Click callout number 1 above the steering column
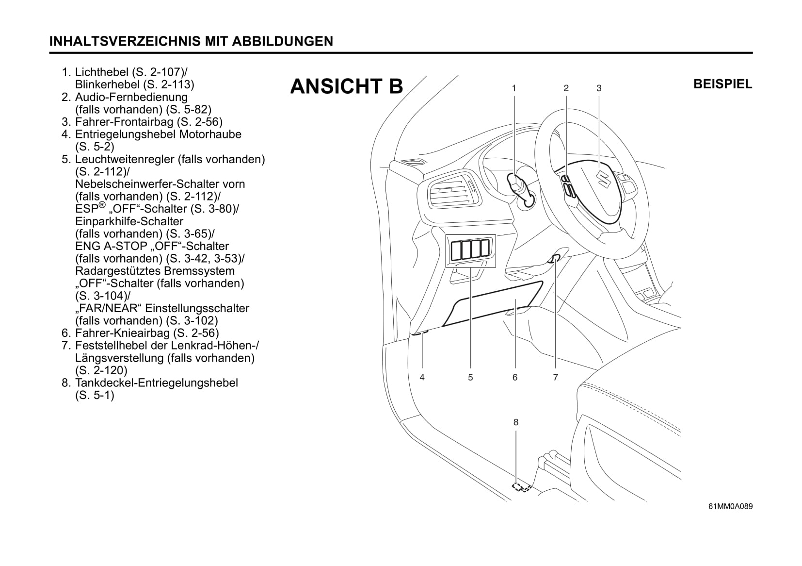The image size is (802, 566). (x=514, y=88)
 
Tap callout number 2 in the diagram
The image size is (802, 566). (x=566, y=88)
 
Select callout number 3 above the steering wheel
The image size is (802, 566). (x=599, y=88)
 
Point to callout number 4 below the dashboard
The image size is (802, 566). (x=422, y=377)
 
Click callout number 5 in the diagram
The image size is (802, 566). (x=470, y=377)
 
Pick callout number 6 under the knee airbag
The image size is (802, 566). (x=515, y=377)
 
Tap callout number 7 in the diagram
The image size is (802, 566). (x=555, y=377)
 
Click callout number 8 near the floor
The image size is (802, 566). (x=516, y=422)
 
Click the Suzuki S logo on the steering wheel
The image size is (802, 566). (x=603, y=179)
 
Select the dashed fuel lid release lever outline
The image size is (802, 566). (x=521, y=487)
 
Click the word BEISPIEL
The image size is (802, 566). (x=723, y=84)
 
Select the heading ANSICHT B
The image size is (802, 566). (x=347, y=86)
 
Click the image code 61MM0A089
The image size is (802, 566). (x=730, y=506)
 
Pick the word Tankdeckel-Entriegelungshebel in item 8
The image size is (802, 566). (x=157, y=383)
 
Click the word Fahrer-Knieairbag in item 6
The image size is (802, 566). (x=123, y=333)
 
